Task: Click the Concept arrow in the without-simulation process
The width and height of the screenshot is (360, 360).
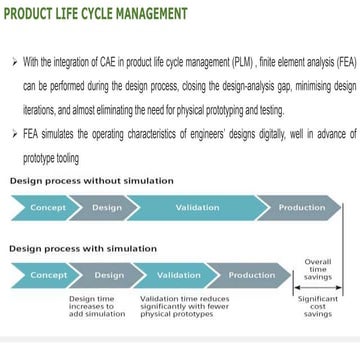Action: click(x=45, y=207)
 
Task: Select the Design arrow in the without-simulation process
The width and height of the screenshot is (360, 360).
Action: click(x=107, y=207)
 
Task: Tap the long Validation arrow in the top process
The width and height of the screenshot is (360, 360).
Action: click(x=196, y=207)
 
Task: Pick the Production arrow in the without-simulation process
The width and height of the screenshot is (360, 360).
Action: click(x=301, y=207)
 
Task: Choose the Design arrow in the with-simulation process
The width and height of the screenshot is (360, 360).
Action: click(x=110, y=275)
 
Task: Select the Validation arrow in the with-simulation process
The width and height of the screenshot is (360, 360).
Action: click(x=178, y=275)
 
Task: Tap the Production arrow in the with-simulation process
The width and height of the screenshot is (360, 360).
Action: click(x=251, y=275)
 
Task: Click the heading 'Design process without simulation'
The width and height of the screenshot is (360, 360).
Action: click(x=91, y=181)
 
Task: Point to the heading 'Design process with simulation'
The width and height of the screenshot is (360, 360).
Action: click(x=83, y=247)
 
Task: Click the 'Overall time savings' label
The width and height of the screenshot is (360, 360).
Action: click(x=318, y=270)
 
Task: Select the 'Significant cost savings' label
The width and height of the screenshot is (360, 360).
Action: click(x=318, y=306)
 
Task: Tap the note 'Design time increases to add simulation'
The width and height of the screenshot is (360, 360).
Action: click(x=97, y=306)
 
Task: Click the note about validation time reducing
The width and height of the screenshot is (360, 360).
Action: click(x=184, y=306)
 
